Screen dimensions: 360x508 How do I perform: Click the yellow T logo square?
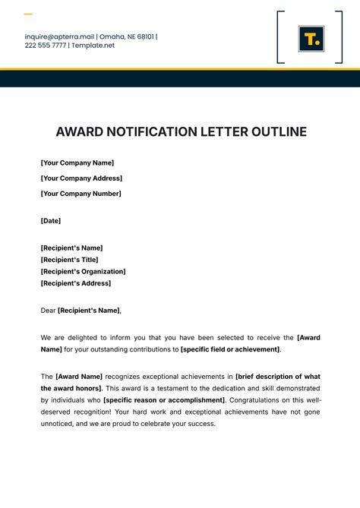(311, 38)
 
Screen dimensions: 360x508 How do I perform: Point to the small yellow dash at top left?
(28, 14)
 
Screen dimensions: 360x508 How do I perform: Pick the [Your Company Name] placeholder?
(77, 162)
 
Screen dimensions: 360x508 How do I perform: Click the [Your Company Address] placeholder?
(81, 178)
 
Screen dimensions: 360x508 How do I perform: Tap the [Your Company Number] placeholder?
(81, 194)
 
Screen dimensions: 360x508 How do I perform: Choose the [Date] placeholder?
(51, 221)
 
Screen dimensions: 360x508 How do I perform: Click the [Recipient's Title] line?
(69, 260)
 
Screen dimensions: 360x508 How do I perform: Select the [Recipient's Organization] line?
(83, 271)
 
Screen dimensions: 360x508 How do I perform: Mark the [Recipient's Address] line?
(75, 283)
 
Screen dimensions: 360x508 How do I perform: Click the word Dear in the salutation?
(48, 310)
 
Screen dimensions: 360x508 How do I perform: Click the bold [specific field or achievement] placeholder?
(230, 349)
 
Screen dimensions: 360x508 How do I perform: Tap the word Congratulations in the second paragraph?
(257, 399)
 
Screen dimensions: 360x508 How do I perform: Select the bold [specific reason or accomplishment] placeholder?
(164, 399)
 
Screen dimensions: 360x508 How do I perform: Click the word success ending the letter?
(201, 424)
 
